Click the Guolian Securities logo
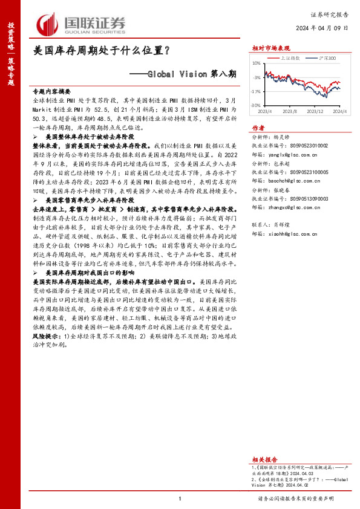tap(81, 22)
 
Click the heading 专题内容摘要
tap(51, 89)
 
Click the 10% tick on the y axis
tap(256, 63)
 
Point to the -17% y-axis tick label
tap(255, 91)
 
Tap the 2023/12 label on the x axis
tap(316, 112)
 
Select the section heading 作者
tap(258, 128)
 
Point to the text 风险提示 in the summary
tap(46, 334)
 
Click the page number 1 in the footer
tap(180, 498)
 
